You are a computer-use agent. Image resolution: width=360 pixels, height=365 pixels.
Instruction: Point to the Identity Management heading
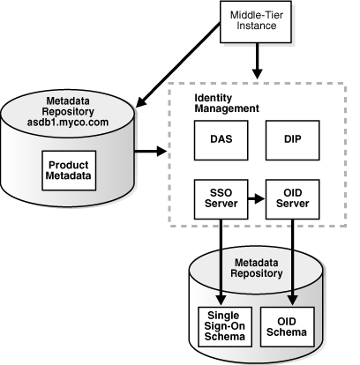(226, 101)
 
